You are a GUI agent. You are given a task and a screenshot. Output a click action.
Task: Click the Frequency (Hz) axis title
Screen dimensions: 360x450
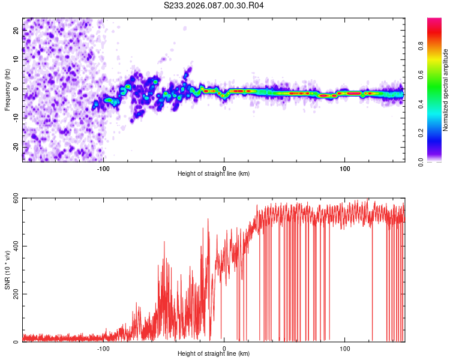(x=7, y=89)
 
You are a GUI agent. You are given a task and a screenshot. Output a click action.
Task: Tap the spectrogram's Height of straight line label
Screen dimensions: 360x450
(x=214, y=173)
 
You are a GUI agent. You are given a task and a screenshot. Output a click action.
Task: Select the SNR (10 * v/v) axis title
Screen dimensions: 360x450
(x=7, y=270)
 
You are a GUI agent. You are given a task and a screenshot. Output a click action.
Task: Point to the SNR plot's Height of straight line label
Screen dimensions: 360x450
(x=214, y=354)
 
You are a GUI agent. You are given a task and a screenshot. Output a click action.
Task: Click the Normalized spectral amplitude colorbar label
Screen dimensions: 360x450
(x=446, y=90)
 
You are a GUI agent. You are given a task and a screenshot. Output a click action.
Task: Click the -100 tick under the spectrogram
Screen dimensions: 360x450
(x=104, y=167)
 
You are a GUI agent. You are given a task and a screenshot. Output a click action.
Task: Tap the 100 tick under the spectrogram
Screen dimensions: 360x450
(x=345, y=167)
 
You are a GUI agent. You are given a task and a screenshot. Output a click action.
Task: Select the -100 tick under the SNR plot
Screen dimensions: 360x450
(x=104, y=348)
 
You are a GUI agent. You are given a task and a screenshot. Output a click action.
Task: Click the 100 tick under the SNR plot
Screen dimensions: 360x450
(x=345, y=348)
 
